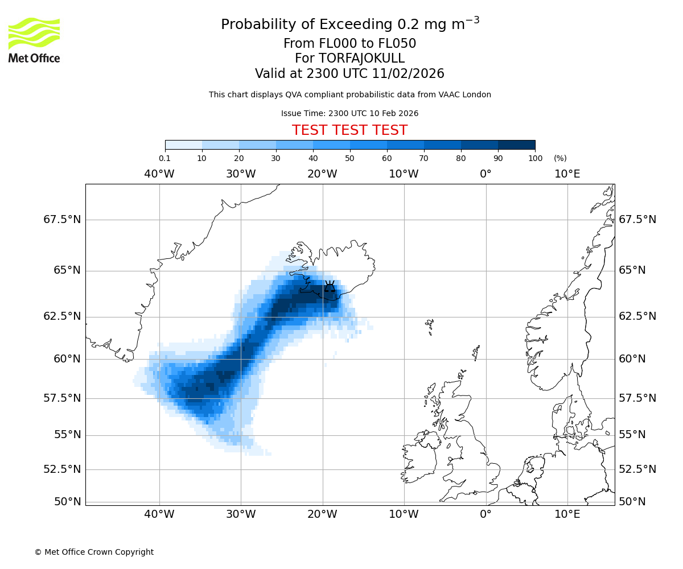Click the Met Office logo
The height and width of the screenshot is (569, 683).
coord(34,40)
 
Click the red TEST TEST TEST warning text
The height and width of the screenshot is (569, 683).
coord(349,130)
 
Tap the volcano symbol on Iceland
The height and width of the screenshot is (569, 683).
coord(330,287)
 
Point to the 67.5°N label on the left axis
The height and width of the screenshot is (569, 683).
coord(62,220)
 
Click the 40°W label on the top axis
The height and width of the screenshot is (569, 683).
coord(159,174)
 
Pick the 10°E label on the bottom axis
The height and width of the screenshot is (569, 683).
coord(567,515)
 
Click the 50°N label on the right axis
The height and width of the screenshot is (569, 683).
coord(632,502)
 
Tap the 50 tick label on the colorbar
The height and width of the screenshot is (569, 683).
coord(349,158)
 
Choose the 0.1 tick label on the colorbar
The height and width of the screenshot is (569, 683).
coord(164,158)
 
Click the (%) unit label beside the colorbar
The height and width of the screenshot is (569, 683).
coord(560,158)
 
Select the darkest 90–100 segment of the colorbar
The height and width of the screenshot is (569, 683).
coord(516,145)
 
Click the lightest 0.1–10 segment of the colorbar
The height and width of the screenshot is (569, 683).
coord(183,145)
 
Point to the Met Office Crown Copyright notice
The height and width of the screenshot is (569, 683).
coord(94,552)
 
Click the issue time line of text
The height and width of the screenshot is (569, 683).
coord(349,113)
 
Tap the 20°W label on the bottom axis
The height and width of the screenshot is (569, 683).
coord(322,515)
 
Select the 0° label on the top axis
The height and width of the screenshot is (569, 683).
coord(485,174)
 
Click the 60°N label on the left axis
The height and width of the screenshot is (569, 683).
coord(67,359)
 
